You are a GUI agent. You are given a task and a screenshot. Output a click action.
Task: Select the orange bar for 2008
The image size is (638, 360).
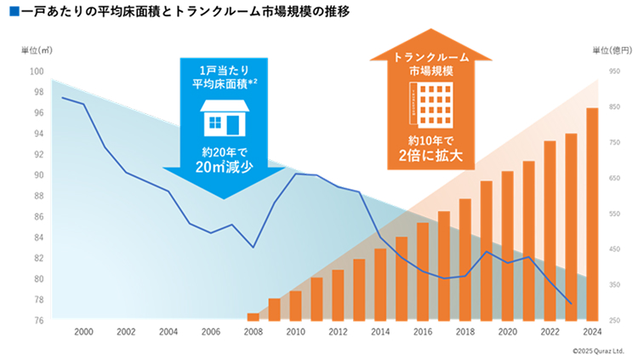pyautogui.click(x=253, y=317)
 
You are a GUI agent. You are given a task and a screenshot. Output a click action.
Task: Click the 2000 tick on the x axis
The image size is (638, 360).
pyautogui.click(x=83, y=331)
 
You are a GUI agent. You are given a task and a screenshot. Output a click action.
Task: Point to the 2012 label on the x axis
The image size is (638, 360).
pyautogui.click(x=338, y=331)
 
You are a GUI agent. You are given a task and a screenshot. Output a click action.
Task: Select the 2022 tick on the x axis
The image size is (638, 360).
pyautogui.click(x=550, y=331)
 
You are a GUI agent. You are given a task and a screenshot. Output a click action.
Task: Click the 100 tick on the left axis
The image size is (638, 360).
pyautogui.click(x=37, y=71)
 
